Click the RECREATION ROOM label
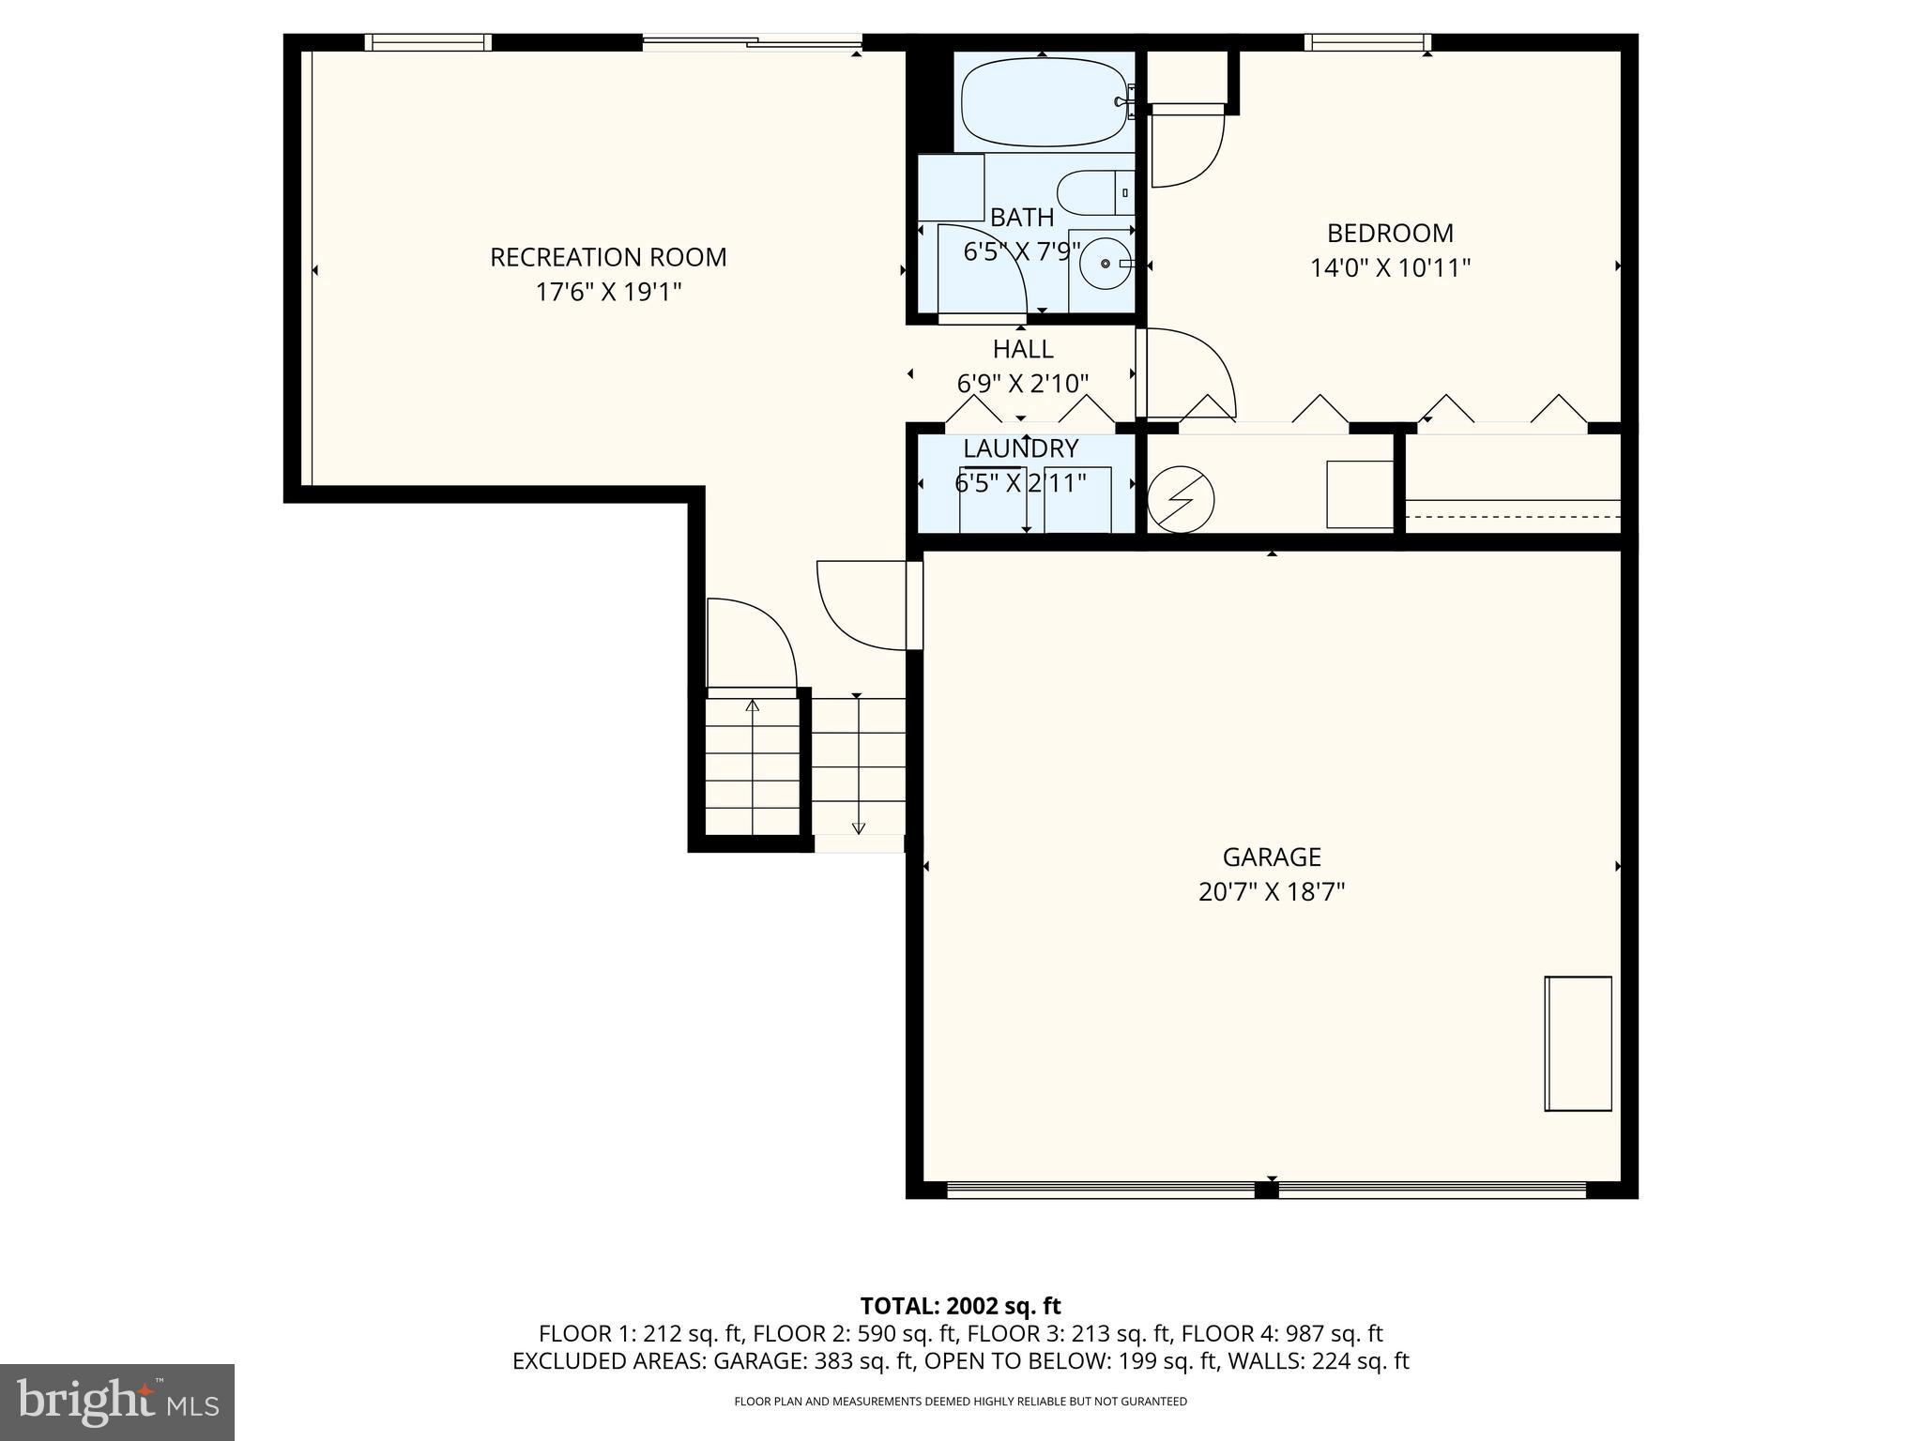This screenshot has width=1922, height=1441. point(608,257)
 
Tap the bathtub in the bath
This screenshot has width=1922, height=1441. point(1042,101)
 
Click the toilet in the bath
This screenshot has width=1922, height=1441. point(1094,193)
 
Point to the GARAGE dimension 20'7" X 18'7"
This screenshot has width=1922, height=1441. point(1272,891)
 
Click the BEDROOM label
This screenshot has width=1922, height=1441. point(1390,233)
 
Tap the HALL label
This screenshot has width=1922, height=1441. point(1023,349)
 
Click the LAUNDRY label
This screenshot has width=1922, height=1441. point(1021,448)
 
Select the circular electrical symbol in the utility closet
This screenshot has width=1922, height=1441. point(1181,499)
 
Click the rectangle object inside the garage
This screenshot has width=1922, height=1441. point(1579,1043)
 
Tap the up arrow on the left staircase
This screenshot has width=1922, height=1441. point(752,705)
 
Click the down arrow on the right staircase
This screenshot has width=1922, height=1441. point(858,827)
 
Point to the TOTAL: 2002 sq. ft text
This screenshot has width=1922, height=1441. point(960,1306)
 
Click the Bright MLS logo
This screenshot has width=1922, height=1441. point(117,1402)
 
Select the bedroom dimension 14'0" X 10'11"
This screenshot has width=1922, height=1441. point(1390,268)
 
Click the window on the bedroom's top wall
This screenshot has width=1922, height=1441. point(1367,42)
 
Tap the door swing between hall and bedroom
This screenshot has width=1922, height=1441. point(1184,372)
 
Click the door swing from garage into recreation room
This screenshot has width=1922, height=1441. point(862,605)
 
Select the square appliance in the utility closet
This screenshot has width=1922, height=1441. point(1359,493)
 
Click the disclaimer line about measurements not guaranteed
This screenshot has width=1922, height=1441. point(960,1402)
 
